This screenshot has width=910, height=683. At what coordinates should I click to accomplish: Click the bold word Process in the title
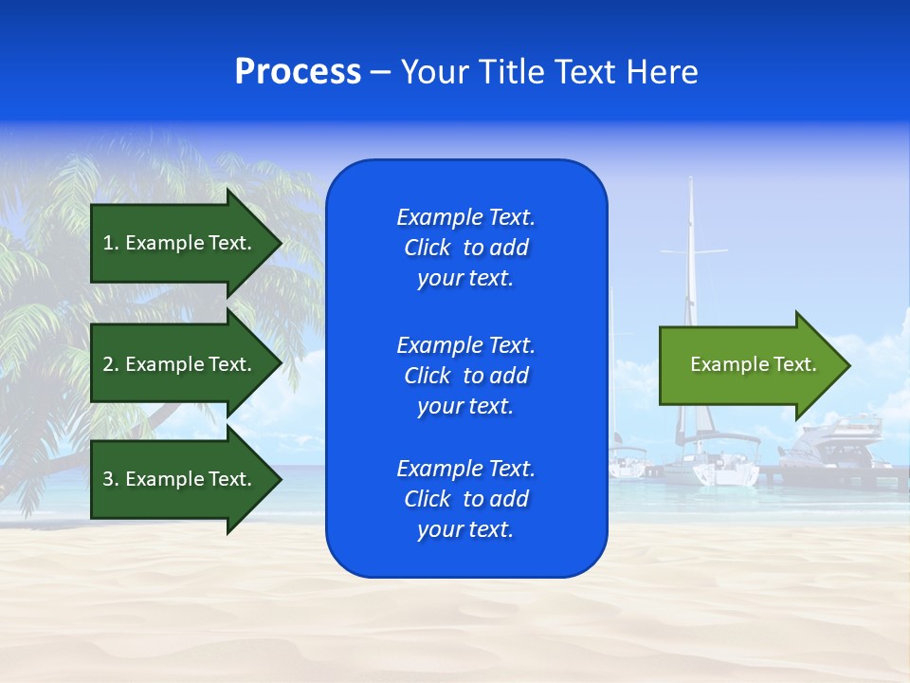click(298, 72)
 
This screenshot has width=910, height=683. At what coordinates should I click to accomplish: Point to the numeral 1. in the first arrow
click(111, 243)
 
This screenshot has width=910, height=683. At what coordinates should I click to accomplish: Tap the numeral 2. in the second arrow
click(111, 364)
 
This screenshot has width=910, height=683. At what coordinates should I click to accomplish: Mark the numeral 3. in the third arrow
click(111, 479)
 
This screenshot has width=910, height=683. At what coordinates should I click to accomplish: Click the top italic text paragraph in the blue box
click(465, 248)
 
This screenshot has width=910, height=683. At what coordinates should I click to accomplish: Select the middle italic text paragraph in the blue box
click(465, 376)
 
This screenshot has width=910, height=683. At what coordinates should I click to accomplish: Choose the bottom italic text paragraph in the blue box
click(465, 499)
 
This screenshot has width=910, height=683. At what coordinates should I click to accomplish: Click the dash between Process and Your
click(380, 72)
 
